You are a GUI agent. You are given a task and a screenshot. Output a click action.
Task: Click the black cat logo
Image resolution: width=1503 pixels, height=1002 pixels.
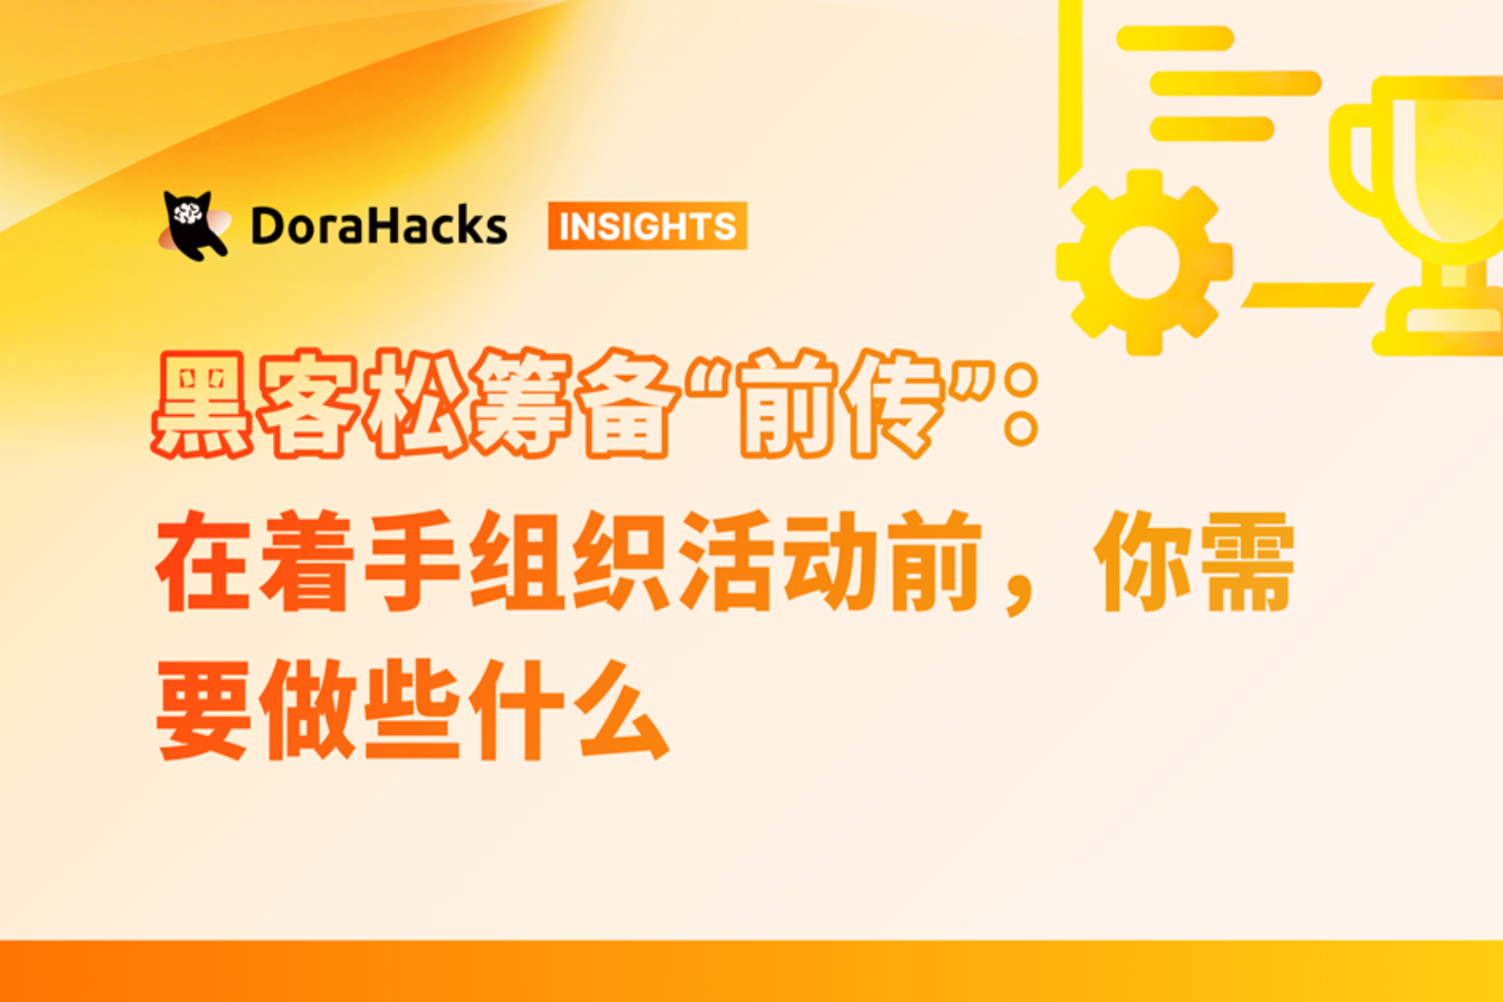(193, 225)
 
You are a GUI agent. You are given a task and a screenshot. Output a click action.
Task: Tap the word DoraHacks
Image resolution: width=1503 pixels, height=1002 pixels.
(379, 226)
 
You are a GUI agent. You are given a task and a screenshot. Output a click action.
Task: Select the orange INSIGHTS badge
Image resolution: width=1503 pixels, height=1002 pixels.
(647, 226)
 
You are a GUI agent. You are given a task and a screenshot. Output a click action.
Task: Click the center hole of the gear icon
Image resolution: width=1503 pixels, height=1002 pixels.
(1143, 263)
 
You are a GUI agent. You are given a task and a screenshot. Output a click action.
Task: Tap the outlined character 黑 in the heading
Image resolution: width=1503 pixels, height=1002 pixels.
(201, 405)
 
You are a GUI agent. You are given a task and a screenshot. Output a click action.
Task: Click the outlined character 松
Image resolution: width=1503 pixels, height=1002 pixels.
(412, 405)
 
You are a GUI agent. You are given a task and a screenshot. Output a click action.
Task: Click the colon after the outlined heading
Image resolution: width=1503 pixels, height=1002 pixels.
(1021, 405)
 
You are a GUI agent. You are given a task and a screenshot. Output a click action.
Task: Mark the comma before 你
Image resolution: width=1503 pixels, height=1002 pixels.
(1021, 594)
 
